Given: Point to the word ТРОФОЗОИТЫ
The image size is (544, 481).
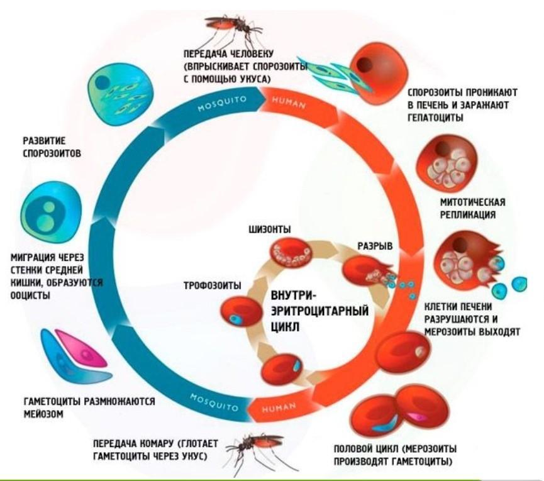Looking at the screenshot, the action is [213, 285].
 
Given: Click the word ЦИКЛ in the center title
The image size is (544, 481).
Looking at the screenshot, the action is [285, 327].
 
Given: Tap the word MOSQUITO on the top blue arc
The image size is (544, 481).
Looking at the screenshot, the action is [222, 104].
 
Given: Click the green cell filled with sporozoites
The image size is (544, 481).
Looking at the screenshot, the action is [119, 93].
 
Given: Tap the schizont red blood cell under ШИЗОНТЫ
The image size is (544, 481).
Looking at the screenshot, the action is [291, 253].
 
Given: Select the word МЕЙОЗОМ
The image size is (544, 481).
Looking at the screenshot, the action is [43, 414].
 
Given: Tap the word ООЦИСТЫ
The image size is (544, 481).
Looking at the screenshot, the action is [31, 296].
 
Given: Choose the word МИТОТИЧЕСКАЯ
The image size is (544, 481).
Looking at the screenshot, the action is [472, 202].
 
